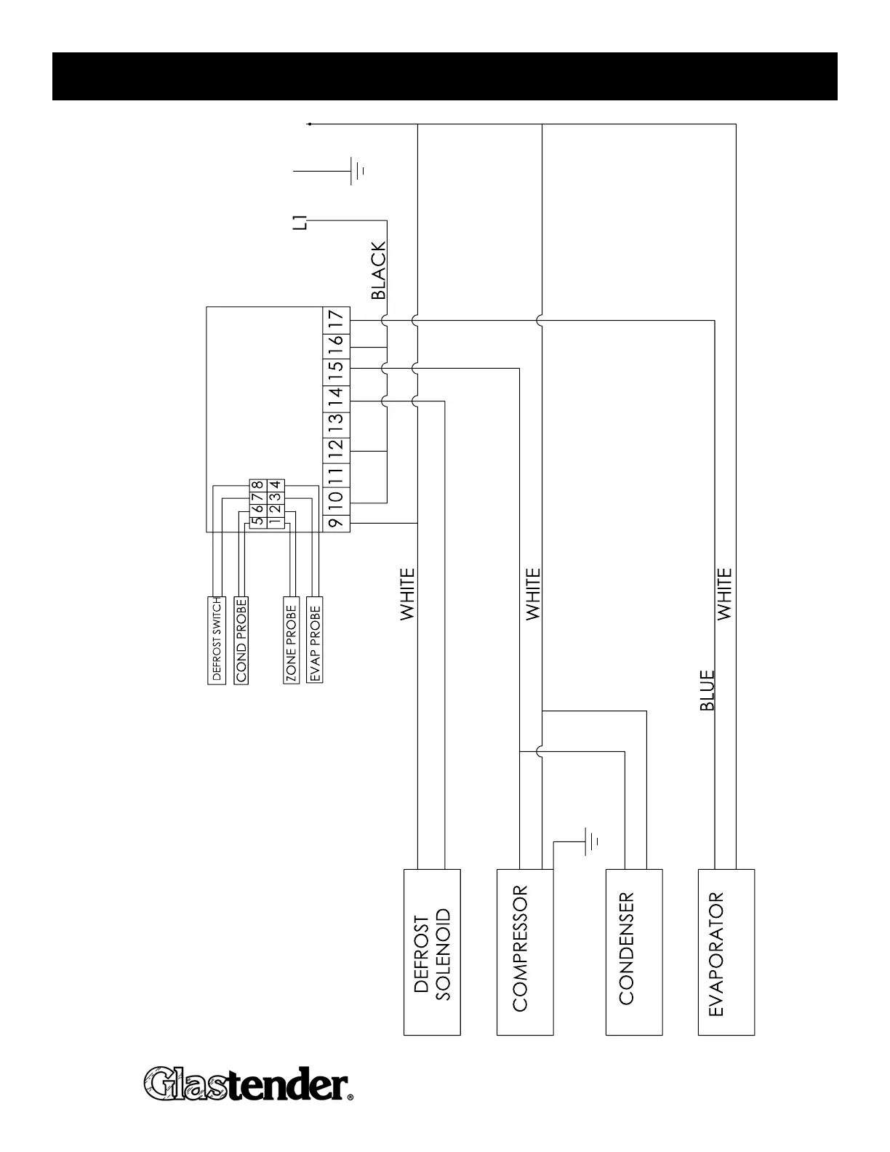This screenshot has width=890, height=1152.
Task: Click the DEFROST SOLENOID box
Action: point(432,952)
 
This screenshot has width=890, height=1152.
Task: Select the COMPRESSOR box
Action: point(524,952)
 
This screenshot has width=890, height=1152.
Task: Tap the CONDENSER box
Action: point(633,952)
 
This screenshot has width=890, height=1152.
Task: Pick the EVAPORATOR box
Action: point(726,952)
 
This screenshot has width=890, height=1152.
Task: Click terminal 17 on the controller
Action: point(336,319)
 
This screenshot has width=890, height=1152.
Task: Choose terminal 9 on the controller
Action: point(336,523)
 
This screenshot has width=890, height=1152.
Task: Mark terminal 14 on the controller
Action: point(336,397)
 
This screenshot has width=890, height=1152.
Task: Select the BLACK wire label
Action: point(379,271)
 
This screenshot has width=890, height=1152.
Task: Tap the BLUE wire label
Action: point(707,690)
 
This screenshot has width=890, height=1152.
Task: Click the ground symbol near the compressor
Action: point(593,843)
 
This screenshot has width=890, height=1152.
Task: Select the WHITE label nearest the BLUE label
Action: point(725,594)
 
